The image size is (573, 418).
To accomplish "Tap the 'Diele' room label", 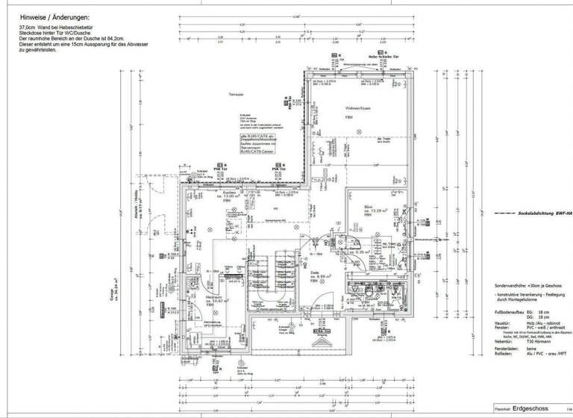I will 314,272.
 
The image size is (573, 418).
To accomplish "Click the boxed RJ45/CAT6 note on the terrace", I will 258,144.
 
